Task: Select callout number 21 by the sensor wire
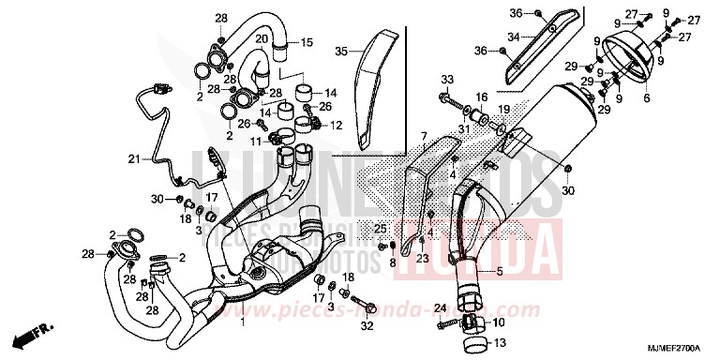point(133,157)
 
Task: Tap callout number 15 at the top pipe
point(307,42)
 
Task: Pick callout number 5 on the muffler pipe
point(499,272)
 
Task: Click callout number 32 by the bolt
point(367,325)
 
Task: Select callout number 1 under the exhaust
point(243,322)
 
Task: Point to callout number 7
point(423,136)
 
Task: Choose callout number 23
point(423,258)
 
